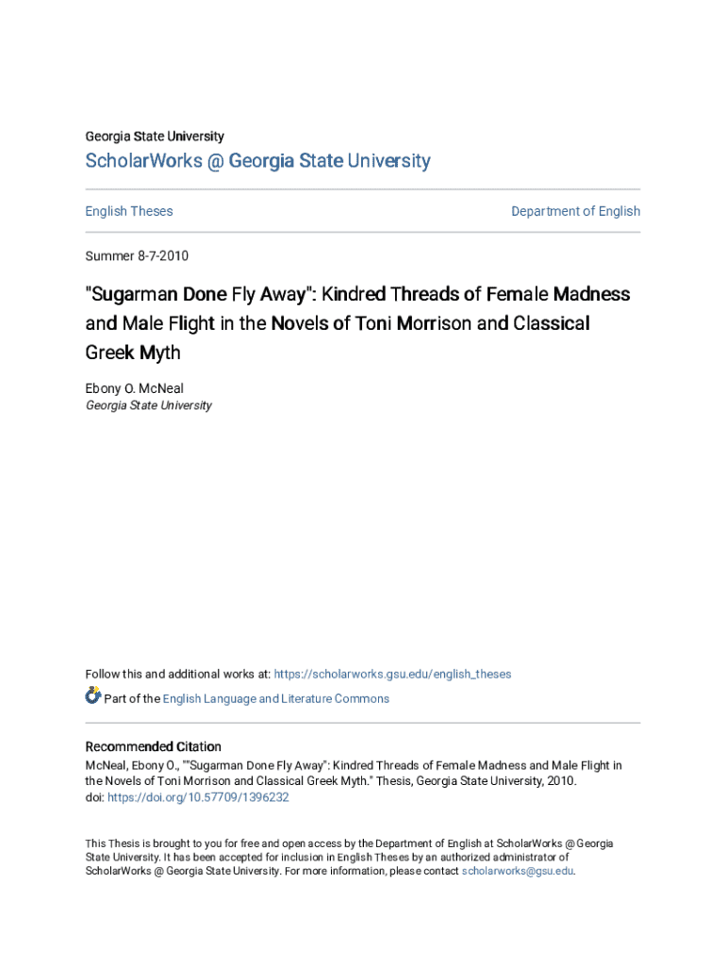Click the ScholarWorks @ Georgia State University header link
[257, 161]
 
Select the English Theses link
[129, 211]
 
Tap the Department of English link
[575, 211]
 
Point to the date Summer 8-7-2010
[129, 255]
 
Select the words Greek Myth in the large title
[133, 353]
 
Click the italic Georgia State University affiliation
[148, 405]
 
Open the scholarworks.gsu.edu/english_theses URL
[392, 674]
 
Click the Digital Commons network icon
[92, 696]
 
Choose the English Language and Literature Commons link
[275, 698]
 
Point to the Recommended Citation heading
[153, 746]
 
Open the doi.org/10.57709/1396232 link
[198, 797]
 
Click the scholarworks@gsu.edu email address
[517, 871]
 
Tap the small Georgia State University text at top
[155, 137]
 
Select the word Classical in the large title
[552, 324]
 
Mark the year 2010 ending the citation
[560, 781]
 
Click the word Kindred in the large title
[358, 294]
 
